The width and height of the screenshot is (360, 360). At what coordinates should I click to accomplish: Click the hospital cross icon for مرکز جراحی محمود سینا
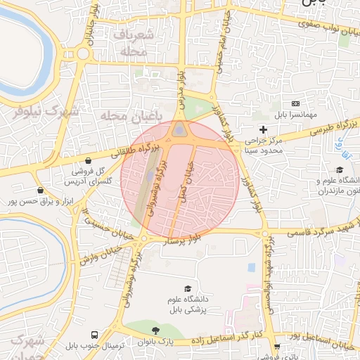point(263,129)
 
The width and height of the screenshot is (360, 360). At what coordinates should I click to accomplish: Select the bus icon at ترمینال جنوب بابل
point(94,335)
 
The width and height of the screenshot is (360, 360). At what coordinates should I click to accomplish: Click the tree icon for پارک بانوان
point(155,330)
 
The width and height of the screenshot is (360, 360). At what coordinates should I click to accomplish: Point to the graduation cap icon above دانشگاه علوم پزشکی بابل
point(188,289)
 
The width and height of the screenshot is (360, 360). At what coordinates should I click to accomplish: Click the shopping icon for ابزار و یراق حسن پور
point(40,190)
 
